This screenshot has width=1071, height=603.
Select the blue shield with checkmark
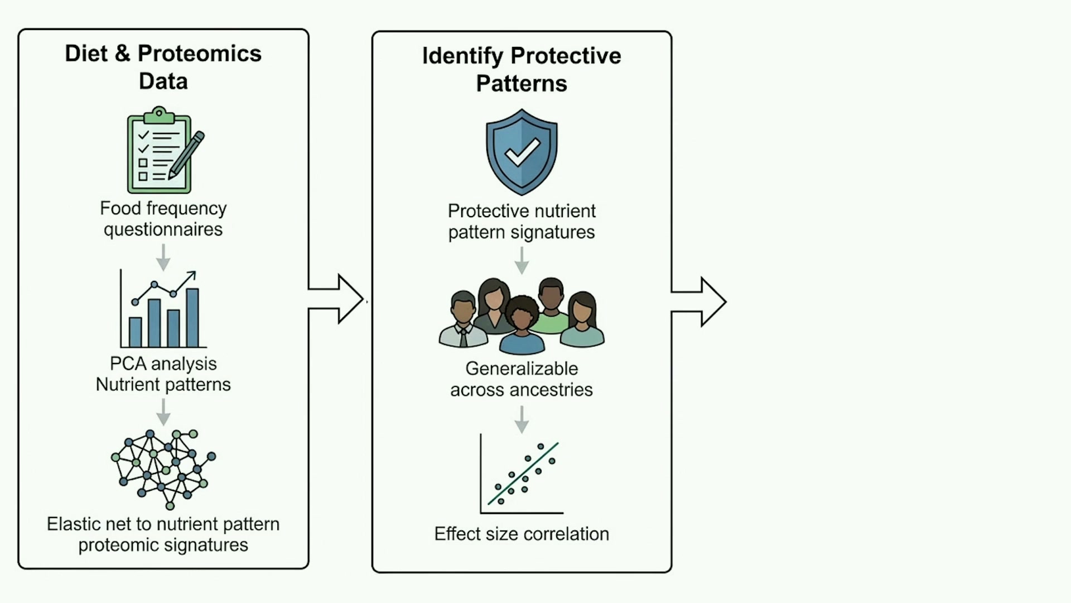522,152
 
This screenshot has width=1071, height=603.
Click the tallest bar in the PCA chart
192,318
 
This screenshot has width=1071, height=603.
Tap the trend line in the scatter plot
523,473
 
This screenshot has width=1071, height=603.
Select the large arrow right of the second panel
699,301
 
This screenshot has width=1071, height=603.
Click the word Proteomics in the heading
200,54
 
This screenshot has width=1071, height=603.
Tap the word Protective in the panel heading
566,56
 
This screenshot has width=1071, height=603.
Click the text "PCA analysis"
163,363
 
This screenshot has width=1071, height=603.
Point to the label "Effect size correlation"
522,534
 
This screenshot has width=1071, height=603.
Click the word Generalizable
522,368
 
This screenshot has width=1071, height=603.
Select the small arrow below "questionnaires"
163,257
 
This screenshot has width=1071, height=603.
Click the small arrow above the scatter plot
522,420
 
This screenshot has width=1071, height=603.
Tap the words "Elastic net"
90,524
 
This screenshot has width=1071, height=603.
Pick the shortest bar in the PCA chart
135,332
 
